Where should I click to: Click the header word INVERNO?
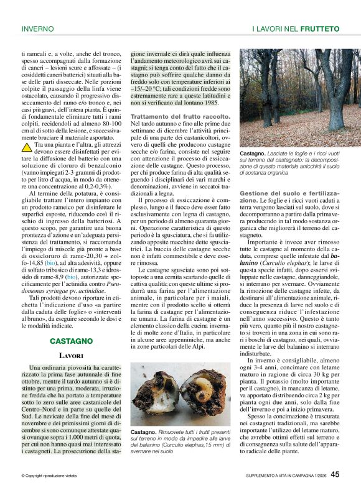(37, 29)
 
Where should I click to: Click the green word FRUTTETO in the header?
(319, 29)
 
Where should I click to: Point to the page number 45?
(335, 474)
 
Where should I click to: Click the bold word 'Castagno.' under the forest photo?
(253, 153)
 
